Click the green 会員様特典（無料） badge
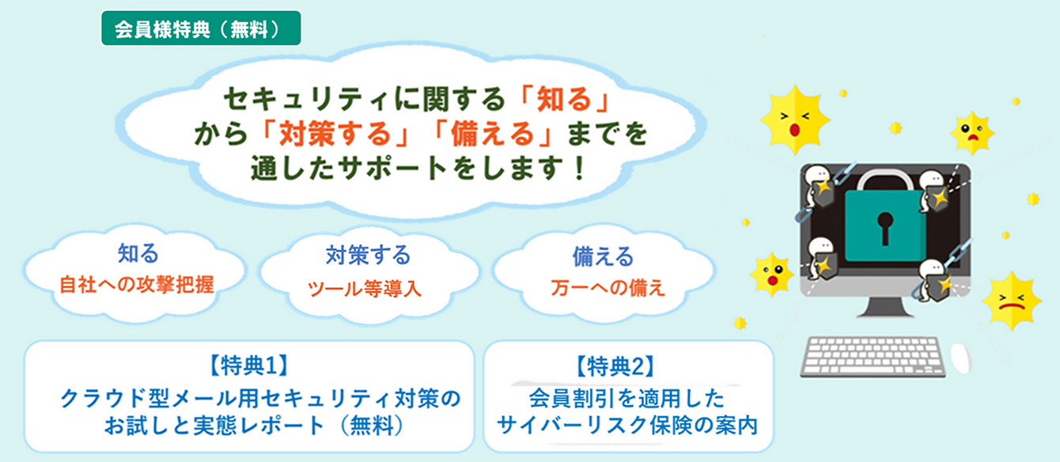click(201, 28)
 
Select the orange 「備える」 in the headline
click(492, 134)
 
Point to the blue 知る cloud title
click(138, 253)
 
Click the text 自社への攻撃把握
click(137, 285)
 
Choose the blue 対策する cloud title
click(368, 256)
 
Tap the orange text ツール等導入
click(365, 288)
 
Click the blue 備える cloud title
click(604, 256)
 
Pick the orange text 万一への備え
click(608, 287)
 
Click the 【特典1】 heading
click(249, 365)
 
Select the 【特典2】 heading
click(615, 366)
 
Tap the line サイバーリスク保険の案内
click(627, 425)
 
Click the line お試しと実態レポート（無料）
click(255, 425)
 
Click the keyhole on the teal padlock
click(884, 228)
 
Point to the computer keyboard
click(873, 357)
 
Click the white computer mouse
click(960, 358)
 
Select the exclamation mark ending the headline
click(579, 169)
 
